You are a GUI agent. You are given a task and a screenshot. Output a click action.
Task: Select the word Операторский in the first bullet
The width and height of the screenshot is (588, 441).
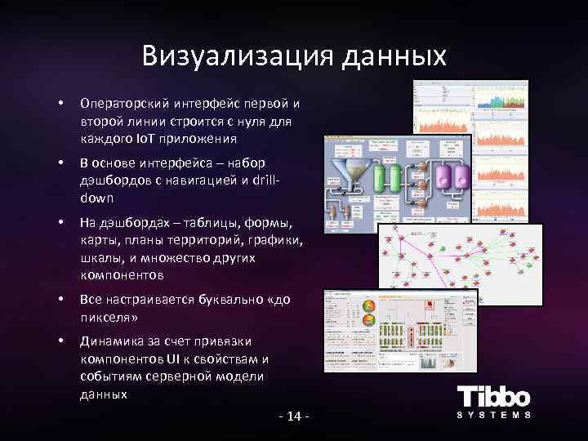click(118, 104)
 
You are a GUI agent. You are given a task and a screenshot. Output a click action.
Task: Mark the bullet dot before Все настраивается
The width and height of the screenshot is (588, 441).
click(60, 300)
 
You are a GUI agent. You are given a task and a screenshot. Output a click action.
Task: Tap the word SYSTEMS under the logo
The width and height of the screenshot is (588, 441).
click(493, 415)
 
